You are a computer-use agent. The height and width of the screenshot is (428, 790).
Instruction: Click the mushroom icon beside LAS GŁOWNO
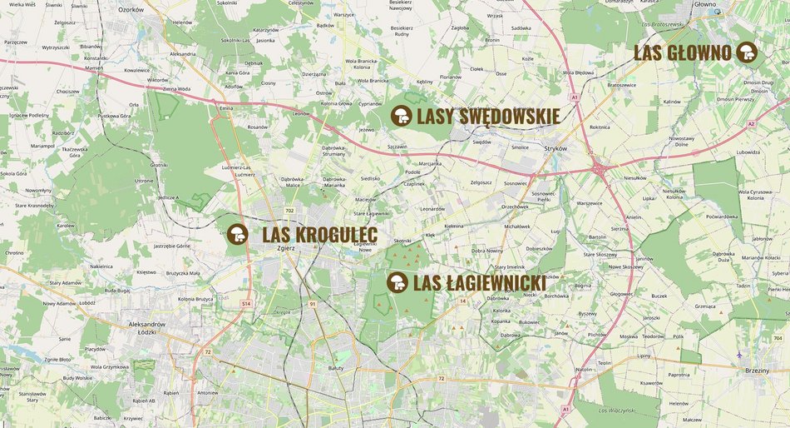tap(747, 52)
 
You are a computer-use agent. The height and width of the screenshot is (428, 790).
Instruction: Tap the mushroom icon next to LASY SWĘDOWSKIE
tap(402, 116)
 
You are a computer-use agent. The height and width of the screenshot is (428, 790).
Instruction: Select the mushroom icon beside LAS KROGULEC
tap(238, 234)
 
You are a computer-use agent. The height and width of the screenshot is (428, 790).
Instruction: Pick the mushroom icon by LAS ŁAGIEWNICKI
tap(397, 283)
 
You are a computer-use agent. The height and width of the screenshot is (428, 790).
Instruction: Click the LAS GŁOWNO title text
tap(683, 53)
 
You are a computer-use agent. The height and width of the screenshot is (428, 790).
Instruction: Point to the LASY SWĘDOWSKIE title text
tap(487, 117)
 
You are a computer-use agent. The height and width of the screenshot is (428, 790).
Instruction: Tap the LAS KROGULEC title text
tap(319, 235)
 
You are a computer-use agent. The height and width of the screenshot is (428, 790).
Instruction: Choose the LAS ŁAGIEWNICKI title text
tap(479, 284)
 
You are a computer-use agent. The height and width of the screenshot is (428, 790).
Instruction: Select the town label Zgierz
tap(286, 258)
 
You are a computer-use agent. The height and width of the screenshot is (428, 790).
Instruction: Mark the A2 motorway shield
tap(750, 124)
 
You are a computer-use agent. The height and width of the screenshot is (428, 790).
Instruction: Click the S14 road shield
tap(246, 304)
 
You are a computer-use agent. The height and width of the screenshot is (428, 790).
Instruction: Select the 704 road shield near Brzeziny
tap(778, 338)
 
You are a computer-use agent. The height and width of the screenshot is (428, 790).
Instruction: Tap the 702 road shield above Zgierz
tap(289, 211)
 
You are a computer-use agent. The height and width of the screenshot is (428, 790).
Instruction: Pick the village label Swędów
tap(481, 142)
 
